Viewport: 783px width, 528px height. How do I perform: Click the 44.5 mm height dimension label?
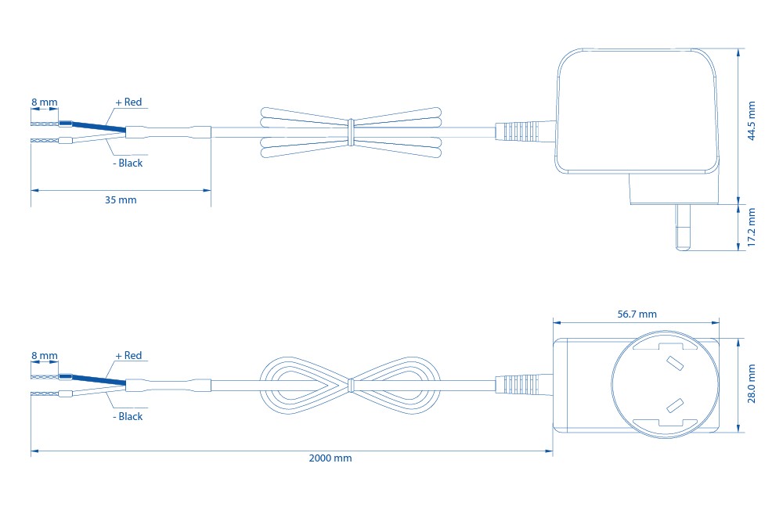(752, 120)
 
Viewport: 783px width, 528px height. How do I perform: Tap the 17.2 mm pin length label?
(752, 227)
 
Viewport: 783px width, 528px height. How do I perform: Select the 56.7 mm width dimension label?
(637, 314)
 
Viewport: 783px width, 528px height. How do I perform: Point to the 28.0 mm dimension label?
(752, 383)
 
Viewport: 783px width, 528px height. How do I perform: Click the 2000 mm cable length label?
(330, 458)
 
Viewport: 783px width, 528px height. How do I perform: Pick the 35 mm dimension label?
(121, 200)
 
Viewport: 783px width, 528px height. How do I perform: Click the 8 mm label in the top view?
(45, 102)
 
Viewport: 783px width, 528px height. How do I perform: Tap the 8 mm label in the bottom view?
(45, 356)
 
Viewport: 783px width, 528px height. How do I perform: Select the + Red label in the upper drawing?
(129, 102)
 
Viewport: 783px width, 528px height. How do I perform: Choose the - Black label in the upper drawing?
(128, 163)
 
